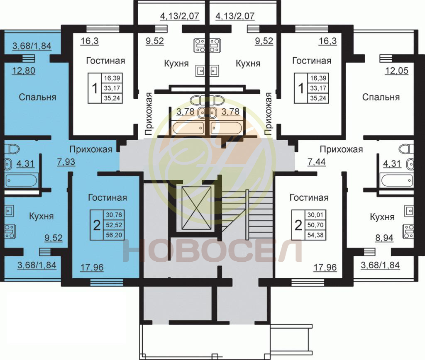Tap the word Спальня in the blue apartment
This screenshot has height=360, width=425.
pos(37,97)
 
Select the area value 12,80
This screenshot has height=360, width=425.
pos(24,71)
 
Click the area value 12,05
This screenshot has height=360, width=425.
pos(397,71)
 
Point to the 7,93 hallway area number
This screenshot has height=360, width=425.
pos(66,162)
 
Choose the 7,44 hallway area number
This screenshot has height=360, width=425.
pos(317,162)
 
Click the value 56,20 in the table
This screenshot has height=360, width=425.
pos(114,235)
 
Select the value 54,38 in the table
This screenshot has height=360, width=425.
pos(315,235)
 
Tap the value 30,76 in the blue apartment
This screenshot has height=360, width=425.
pos(114,215)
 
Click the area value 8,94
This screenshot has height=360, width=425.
pos(384,238)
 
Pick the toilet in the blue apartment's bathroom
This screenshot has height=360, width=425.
pos(12,149)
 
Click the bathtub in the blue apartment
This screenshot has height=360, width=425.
pos(21,180)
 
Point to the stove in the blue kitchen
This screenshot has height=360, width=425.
pos(10,231)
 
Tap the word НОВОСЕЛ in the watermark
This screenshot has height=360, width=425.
pos(212,251)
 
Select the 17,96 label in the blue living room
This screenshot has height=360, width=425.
pos(92,268)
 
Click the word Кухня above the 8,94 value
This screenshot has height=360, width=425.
pos(382,217)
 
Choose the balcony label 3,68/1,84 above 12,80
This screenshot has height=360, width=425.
pos(32,46)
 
